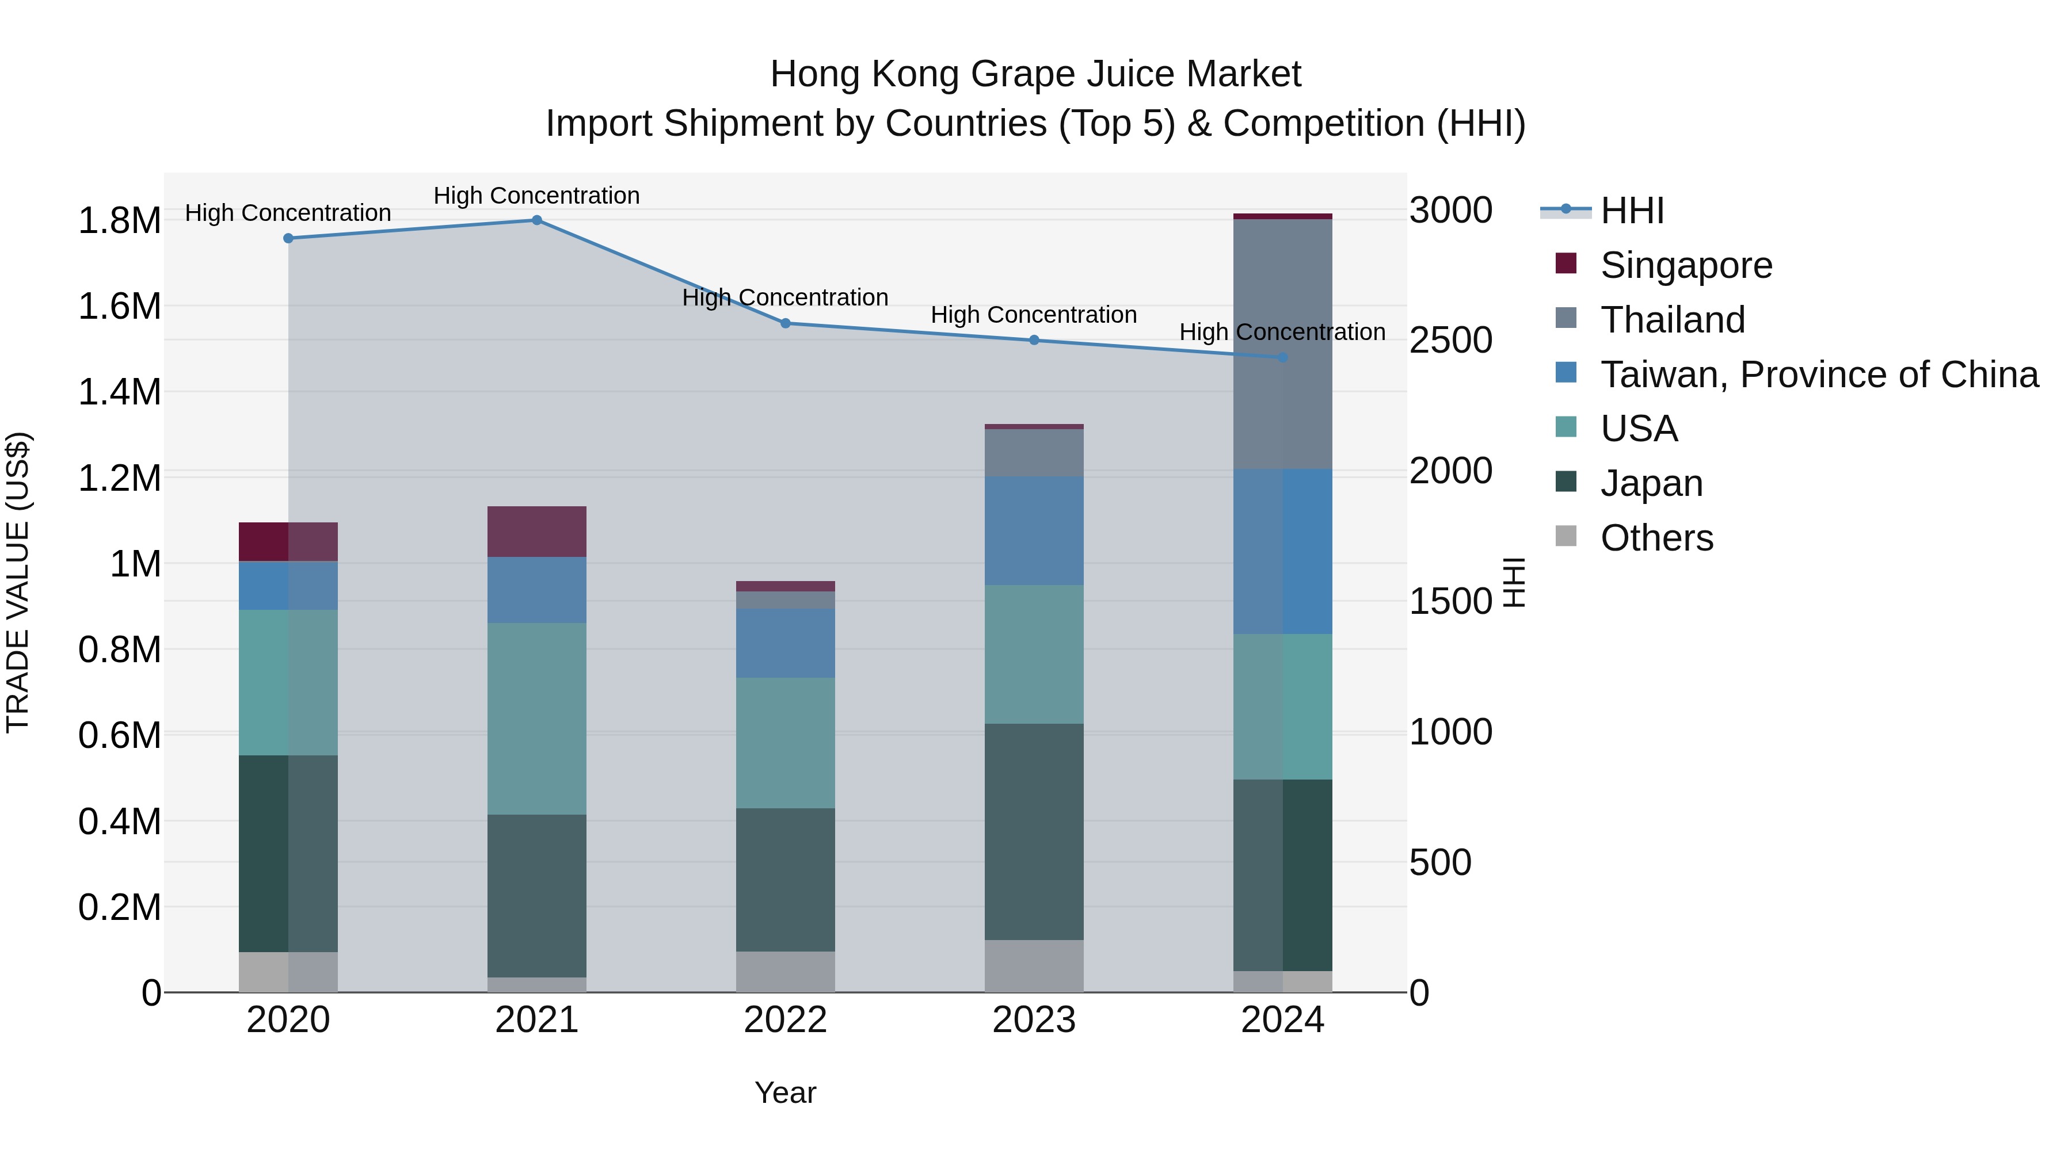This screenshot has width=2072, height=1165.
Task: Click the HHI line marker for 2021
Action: [x=536, y=220]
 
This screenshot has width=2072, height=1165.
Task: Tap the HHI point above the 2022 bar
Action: [x=786, y=324]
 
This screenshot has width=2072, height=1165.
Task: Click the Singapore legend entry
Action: [x=1685, y=265]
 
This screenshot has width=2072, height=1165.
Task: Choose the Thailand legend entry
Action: [x=1672, y=320]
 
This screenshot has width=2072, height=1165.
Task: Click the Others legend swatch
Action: [x=1566, y=536]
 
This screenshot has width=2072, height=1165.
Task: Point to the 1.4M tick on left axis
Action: [x=119, y=392]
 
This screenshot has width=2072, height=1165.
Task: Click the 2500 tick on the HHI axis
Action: [x=1450, y=340]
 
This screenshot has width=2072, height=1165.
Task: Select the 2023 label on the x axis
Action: [x=1034, y=1020]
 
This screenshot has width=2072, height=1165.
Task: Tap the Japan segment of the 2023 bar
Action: [x=1034, y=832]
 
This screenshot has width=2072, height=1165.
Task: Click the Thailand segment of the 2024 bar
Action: [x=1282, y=344]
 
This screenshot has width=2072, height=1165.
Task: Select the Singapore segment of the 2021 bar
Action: [x=536, y=532]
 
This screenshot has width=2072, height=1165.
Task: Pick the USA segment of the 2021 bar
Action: [x=536, y=719]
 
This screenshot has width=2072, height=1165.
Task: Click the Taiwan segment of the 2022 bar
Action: [x=785, y=643]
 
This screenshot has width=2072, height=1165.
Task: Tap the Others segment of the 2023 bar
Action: [x=1034, y=965]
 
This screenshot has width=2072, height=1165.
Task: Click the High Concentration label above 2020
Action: [x=288, y=213]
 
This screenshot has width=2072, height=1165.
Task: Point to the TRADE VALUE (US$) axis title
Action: [x=18, y=582]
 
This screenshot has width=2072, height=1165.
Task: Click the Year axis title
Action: [x=785, y=1093]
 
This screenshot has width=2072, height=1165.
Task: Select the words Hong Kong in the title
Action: [x=855, y=74]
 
